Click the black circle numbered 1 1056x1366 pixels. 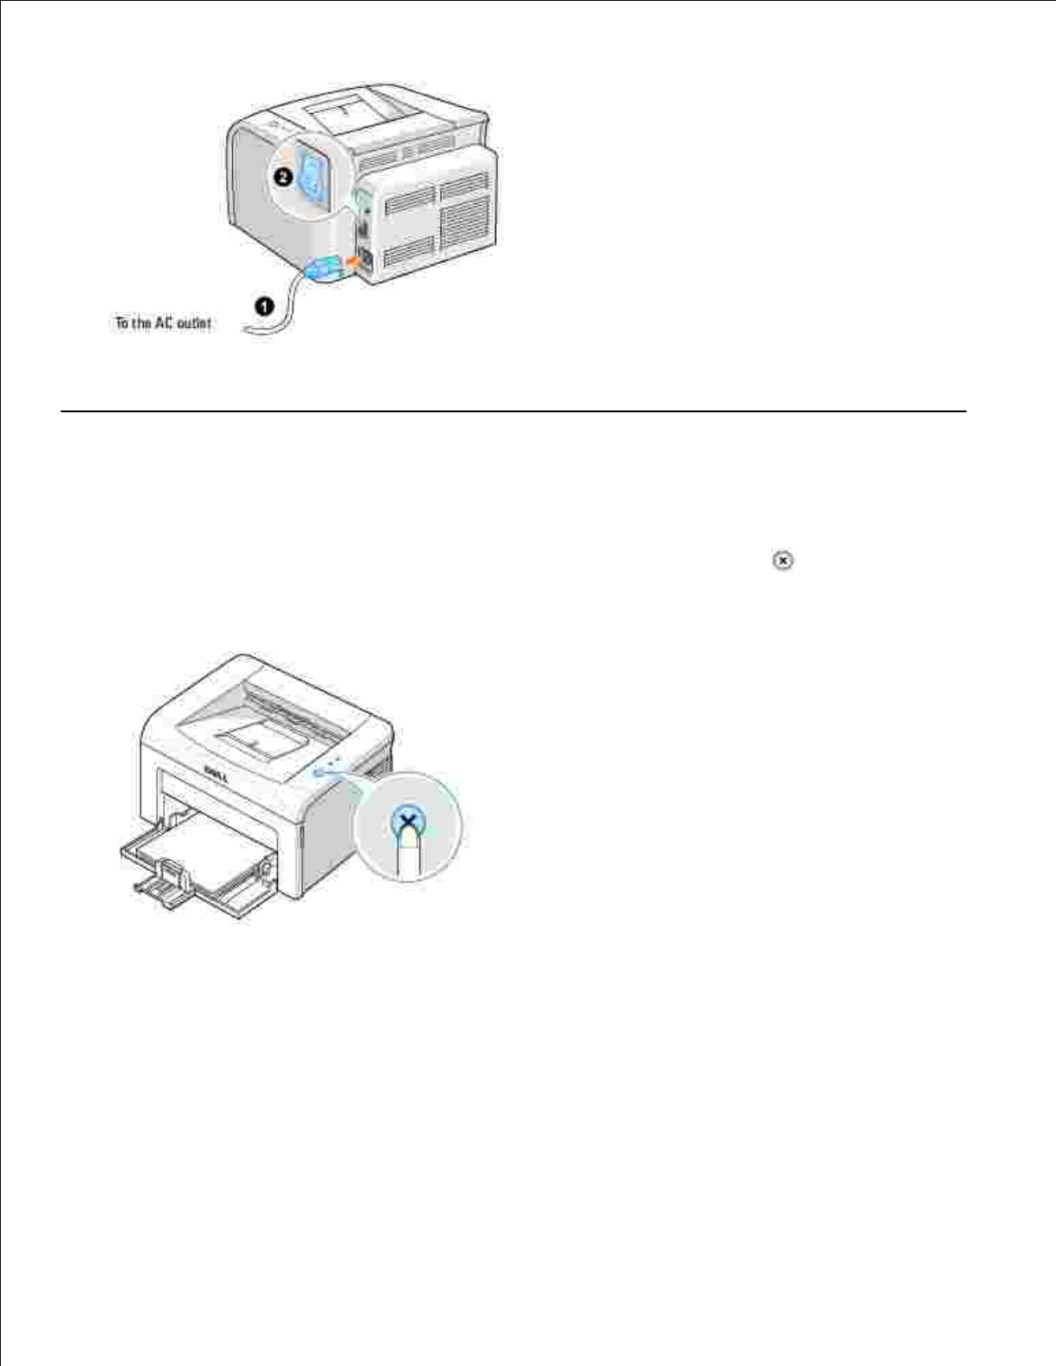[x=265, y=305]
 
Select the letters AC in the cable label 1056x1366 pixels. [x=164, y=323]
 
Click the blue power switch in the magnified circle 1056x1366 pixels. [x=311, y=177]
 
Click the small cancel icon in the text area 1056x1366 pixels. [x=783, y=561]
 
